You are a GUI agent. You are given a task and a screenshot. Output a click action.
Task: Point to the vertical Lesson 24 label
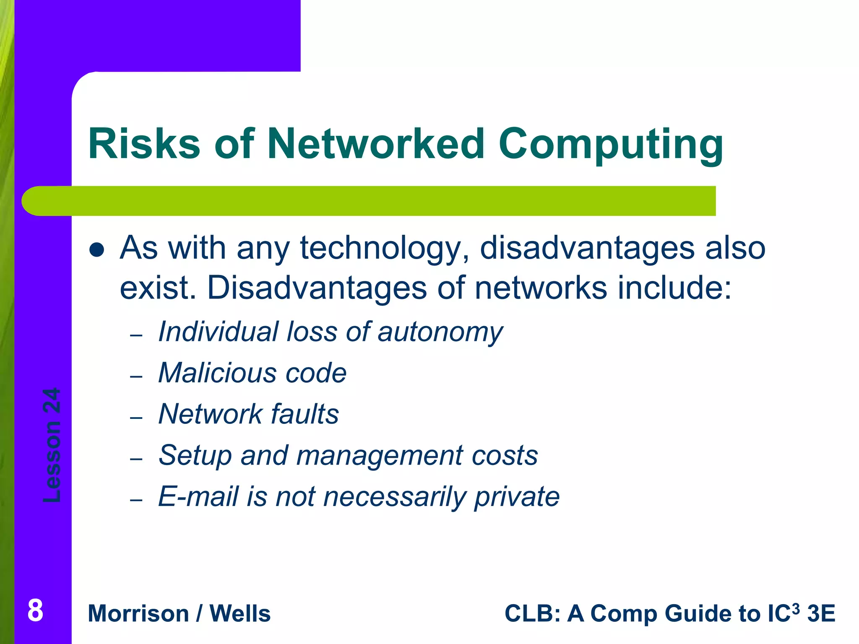pyautogui.click(x=52, y=445)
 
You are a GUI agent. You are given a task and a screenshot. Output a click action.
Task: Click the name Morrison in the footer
pyautogui.click(x=138, y=613)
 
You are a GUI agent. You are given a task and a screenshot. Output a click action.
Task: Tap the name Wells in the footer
pyautogui.click(x=240, y=613)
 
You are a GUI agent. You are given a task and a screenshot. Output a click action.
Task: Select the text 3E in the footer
pyautogui.click(x=821, y=613)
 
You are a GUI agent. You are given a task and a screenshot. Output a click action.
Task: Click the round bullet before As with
pyautogui.click(x=97, y=249)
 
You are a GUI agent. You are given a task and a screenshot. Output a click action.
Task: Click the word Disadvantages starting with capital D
pyautogui.click(x=317, y=288)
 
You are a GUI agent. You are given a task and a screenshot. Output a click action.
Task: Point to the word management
pyautogui.click(x=380, y=455)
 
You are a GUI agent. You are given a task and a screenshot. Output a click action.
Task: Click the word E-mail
pyautogui.click(x=198, y=496)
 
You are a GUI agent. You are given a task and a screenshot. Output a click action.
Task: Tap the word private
pyautogui.click(x=517, y=496)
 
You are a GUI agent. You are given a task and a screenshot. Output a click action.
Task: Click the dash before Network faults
pyautogui.click(x=136, y=418)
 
